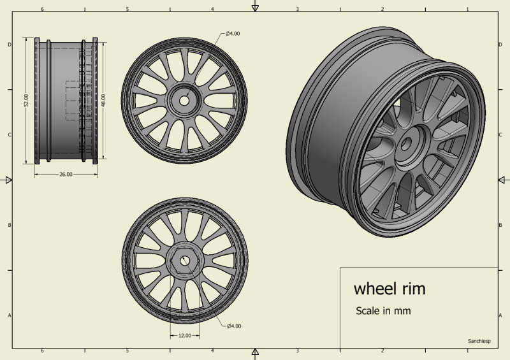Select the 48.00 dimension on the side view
[103, 100]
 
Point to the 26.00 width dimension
[66, 174]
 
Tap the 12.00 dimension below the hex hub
[184, 335]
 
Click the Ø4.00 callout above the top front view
[233, 33]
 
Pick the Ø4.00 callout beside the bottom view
[234, 326]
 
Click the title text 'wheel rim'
[389, 289]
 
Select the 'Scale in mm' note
[382, 311]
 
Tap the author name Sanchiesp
[479, 341]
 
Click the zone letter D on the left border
[9, 45]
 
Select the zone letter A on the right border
[501, 315]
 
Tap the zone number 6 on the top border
[42, 10]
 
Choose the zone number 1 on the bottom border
[467, 351]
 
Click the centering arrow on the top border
[255, 7]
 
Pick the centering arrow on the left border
[8, 180]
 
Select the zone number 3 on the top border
[298, 10]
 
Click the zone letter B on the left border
[9, 225]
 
